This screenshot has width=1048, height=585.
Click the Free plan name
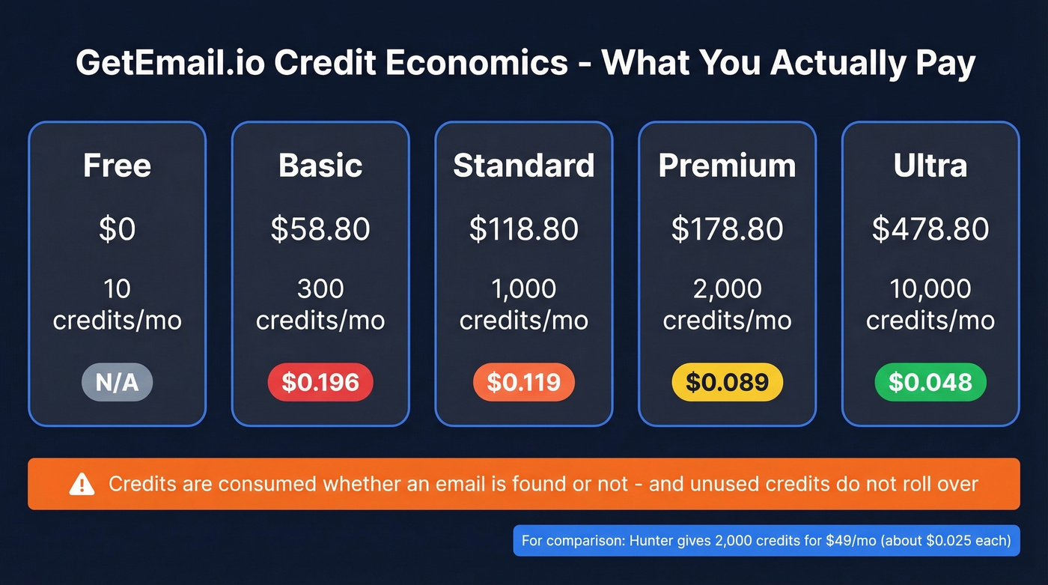click(x=117, y=166)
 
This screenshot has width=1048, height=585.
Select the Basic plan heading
click(x=320, y=166)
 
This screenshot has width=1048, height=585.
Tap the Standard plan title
click(x=524, y=166)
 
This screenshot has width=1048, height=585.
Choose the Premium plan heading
click(x=727, y=166)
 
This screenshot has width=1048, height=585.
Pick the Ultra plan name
click(x=930, y=166)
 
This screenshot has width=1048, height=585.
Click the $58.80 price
click(x=320, y=228)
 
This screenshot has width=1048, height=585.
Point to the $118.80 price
click(x=524, y=228)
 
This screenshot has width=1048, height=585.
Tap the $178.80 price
click(x=727, y=228)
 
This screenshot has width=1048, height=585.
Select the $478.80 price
click(x=930, y=228)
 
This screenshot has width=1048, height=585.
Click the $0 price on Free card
click(x=117, y=228)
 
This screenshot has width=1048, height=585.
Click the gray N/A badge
click(x=117, y=382)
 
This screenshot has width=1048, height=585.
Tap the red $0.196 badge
click(x=320, y=382)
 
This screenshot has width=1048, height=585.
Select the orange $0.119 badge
click(x=524, y=382)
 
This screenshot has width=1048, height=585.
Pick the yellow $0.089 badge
click(x=727, y=382)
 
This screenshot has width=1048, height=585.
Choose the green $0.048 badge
click(x=930, y=382)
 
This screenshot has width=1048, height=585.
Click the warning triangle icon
click(x=82, y=485)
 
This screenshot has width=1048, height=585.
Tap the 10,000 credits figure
click(x=930, y=288)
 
